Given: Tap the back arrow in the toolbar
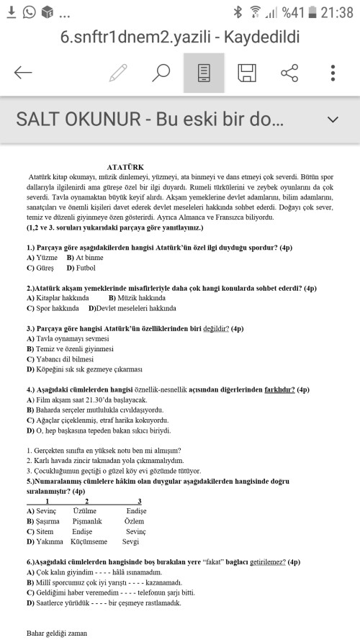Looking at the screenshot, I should click(x=23, y=72).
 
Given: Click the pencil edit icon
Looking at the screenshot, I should click(x=118, y=72).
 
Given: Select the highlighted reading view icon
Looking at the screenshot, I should click(x=204, y=73).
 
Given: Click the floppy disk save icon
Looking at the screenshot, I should click(x=247, y=72).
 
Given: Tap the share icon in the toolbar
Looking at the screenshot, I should click(x=289, y=72).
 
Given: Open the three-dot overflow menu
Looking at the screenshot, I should click(x=333, y=72).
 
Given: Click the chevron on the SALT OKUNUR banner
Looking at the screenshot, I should click(x=332, y=119).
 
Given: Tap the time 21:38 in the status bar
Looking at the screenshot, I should click(x=337, y=12).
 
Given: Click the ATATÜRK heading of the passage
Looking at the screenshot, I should click(x=126, y=166).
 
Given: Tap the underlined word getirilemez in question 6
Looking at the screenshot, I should click(x=264, y=562).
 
